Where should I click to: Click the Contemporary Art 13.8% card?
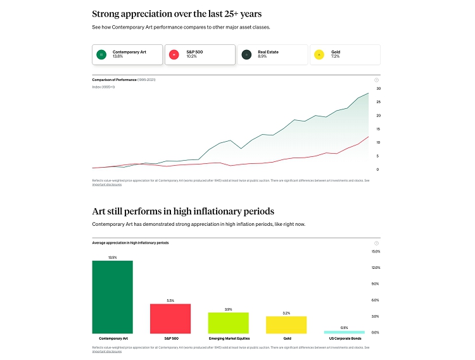click(127, 54)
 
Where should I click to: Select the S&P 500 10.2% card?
click(200, 54)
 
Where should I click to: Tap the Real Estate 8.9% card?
click(272, 54)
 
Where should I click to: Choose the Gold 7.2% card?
click(345, 54)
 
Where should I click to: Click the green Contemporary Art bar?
click(113, 297)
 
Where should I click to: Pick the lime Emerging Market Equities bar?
click(229, 323)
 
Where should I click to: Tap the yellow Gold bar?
click(286, 325)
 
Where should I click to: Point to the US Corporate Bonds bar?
click(345, 332)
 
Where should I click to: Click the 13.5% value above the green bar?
click(113, 258)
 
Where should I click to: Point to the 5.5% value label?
click(170, 301)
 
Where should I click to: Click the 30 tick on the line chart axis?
click(378, 89)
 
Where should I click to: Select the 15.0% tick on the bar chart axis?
click(376, 252)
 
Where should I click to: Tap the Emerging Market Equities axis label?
click(229, 338)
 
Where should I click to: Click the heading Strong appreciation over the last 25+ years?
click(177, 13)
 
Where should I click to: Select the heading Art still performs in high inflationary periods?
click(183, 211)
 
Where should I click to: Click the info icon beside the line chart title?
click(376, 80)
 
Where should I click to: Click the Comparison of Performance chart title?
click(114, 80)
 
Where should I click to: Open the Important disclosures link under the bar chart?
click(106, 351)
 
